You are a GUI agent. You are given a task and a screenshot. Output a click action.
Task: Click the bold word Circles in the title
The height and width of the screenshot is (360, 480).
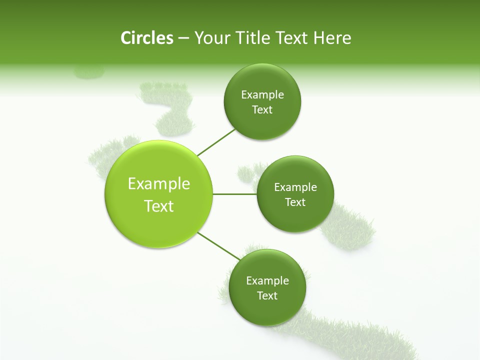(x=147, y=38)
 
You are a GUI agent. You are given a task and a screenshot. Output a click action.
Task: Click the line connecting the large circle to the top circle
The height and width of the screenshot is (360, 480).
(x=216, y=142)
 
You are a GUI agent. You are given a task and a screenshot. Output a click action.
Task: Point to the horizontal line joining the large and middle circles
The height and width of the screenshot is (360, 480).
(x=235, y=194)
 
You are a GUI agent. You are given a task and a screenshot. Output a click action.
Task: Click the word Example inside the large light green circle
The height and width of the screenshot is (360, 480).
(x=159, y=183)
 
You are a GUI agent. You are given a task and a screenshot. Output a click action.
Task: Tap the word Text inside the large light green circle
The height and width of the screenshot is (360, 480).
(x=159, y=206)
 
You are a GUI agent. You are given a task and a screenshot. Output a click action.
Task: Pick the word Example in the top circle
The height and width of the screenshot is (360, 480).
(x=262, y=94)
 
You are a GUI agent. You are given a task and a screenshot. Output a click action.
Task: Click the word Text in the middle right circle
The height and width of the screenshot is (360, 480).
(x=295, y=202)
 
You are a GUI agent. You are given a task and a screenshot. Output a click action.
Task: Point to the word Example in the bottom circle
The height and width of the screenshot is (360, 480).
(x=267, y=280)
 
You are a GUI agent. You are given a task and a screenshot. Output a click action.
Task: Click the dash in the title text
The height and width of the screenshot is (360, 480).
(x=183, y=38)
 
